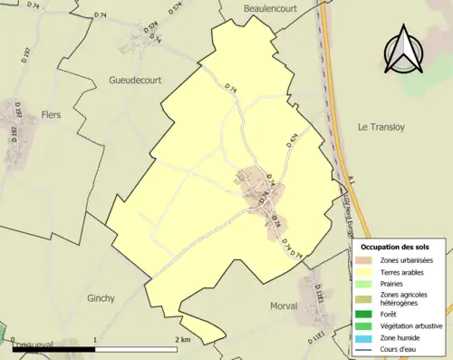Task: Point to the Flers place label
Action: (x=52, y=114)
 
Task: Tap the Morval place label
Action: (x=284, y=306)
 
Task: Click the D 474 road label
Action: (x=290, y=140)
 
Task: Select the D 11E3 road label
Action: (x=320, y=292)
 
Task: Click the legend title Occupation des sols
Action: (x=395, y=247)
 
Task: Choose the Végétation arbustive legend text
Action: (x=413, y=326)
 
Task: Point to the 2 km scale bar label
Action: (x=183, y=339)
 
